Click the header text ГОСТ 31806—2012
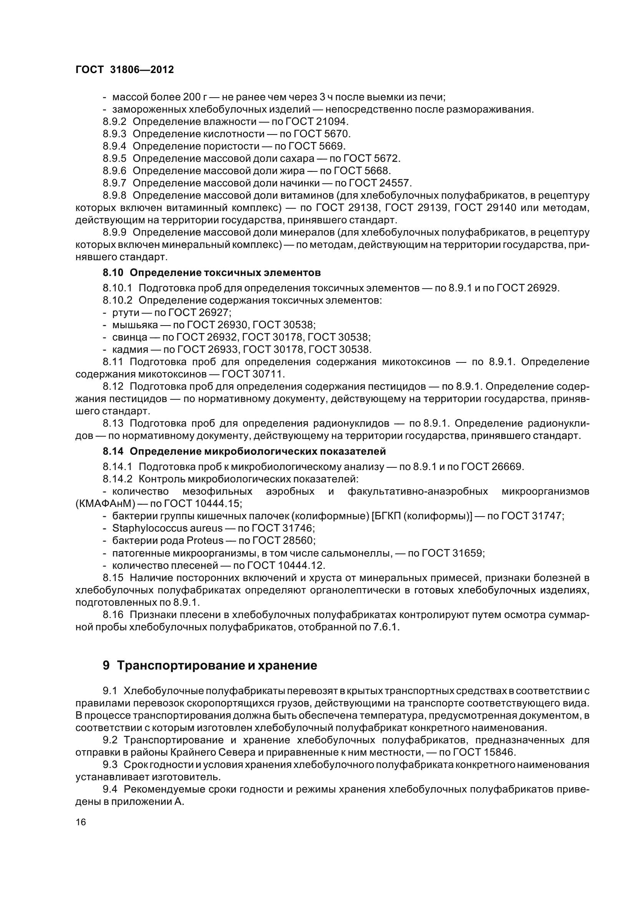[x=124, y=70]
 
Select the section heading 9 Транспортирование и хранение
[x=210, y=665]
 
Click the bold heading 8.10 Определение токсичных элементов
[x=212, y=272]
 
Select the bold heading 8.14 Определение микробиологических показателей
[x=244, y=452]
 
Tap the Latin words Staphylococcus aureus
[x=167, y=528]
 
